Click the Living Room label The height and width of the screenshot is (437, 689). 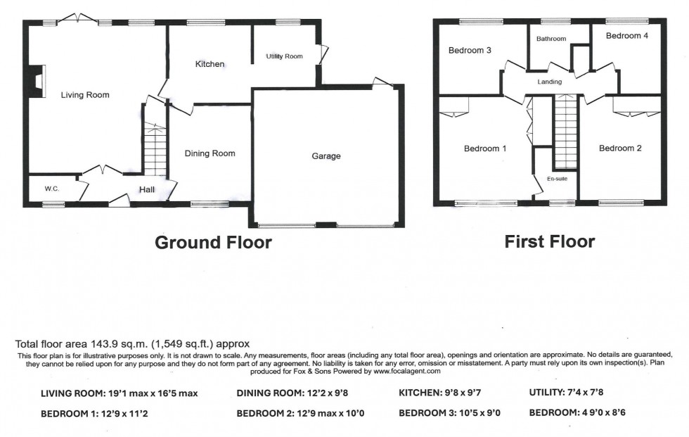coord(85,95)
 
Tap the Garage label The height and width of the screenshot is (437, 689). coord(326,156)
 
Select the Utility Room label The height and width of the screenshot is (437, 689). coord(284,56)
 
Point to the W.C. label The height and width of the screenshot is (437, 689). coord(51,189)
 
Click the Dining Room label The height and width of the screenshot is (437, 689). coord(210,153)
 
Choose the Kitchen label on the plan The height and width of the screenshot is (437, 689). coord(210,64)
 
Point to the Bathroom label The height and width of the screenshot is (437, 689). coord(550,39)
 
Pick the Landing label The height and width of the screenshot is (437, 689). coord(549,82)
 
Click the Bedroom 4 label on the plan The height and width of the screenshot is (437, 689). coord(627,36)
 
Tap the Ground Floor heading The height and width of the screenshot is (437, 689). coord(212,243)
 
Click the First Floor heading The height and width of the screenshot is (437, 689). coord(549,242)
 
